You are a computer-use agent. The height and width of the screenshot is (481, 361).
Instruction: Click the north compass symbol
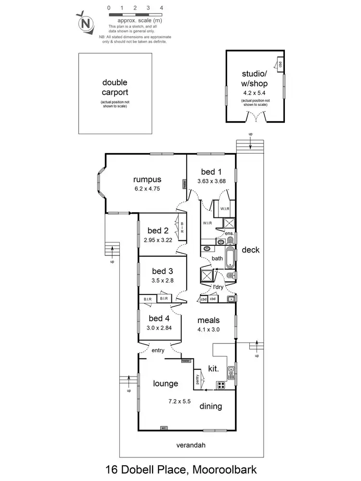coord(86,23)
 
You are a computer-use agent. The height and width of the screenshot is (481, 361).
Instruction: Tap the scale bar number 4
coord(161,8)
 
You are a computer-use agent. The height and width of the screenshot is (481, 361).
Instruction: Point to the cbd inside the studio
coord(280,64)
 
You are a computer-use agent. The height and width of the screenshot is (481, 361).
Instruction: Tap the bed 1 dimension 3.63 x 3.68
coord(211,181)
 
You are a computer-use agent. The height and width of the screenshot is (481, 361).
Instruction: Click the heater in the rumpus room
coord(184,184)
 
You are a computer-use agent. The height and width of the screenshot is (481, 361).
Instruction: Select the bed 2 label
coord(157,230)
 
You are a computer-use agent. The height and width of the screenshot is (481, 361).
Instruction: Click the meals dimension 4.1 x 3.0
coord(208,329)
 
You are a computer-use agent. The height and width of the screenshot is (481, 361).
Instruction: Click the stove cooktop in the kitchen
coord(222,385)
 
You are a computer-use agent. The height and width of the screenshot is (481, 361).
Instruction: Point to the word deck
coord(250,250)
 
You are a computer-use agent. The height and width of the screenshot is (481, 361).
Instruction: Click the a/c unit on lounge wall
coord(164,428)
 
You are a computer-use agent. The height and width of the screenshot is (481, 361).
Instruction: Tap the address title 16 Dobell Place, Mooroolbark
coord(180,468)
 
